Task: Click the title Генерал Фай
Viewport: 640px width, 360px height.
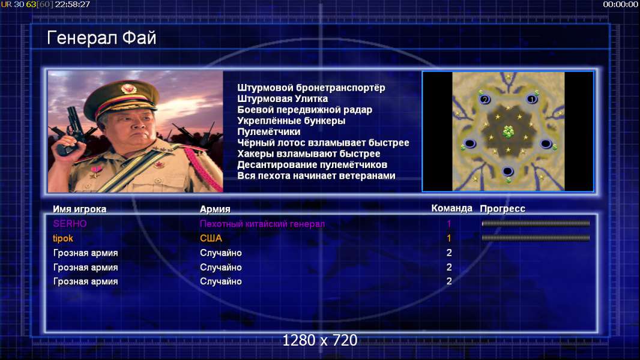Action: [x=101, y=38]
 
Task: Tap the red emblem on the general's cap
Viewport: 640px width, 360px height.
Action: [x=128, y=89]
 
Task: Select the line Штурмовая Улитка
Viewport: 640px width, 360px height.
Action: [x=282, y=98]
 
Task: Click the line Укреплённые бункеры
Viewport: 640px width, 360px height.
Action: [x=291, y=121]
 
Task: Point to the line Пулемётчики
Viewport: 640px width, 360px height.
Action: [x=269, y=131]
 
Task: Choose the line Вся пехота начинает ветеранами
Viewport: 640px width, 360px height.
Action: [x=316, y=176]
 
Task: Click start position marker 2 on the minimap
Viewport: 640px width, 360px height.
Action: [x=485, y=99]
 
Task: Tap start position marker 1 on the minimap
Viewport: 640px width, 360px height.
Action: [x=531, y=98]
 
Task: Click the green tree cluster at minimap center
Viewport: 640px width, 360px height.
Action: [x=508, y=131]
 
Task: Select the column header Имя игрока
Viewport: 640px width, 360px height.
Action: [x=80, y=209]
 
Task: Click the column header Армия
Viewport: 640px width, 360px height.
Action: [x=215, y=209]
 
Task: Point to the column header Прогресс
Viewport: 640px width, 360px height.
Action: [x=503, y=209]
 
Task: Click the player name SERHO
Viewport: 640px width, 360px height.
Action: [x=70, y=223]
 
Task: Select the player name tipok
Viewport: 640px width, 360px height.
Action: [x=63, y=238]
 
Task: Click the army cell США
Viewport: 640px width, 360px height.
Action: [x=211, y=238]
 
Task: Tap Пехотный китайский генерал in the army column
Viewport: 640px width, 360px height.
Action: [x=262, y=224]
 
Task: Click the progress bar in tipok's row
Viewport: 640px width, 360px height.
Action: [x=536, y=238]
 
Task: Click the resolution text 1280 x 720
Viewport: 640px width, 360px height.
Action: [x=320, y=340]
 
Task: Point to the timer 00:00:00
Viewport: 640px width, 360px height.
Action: [x=620, y=4]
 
